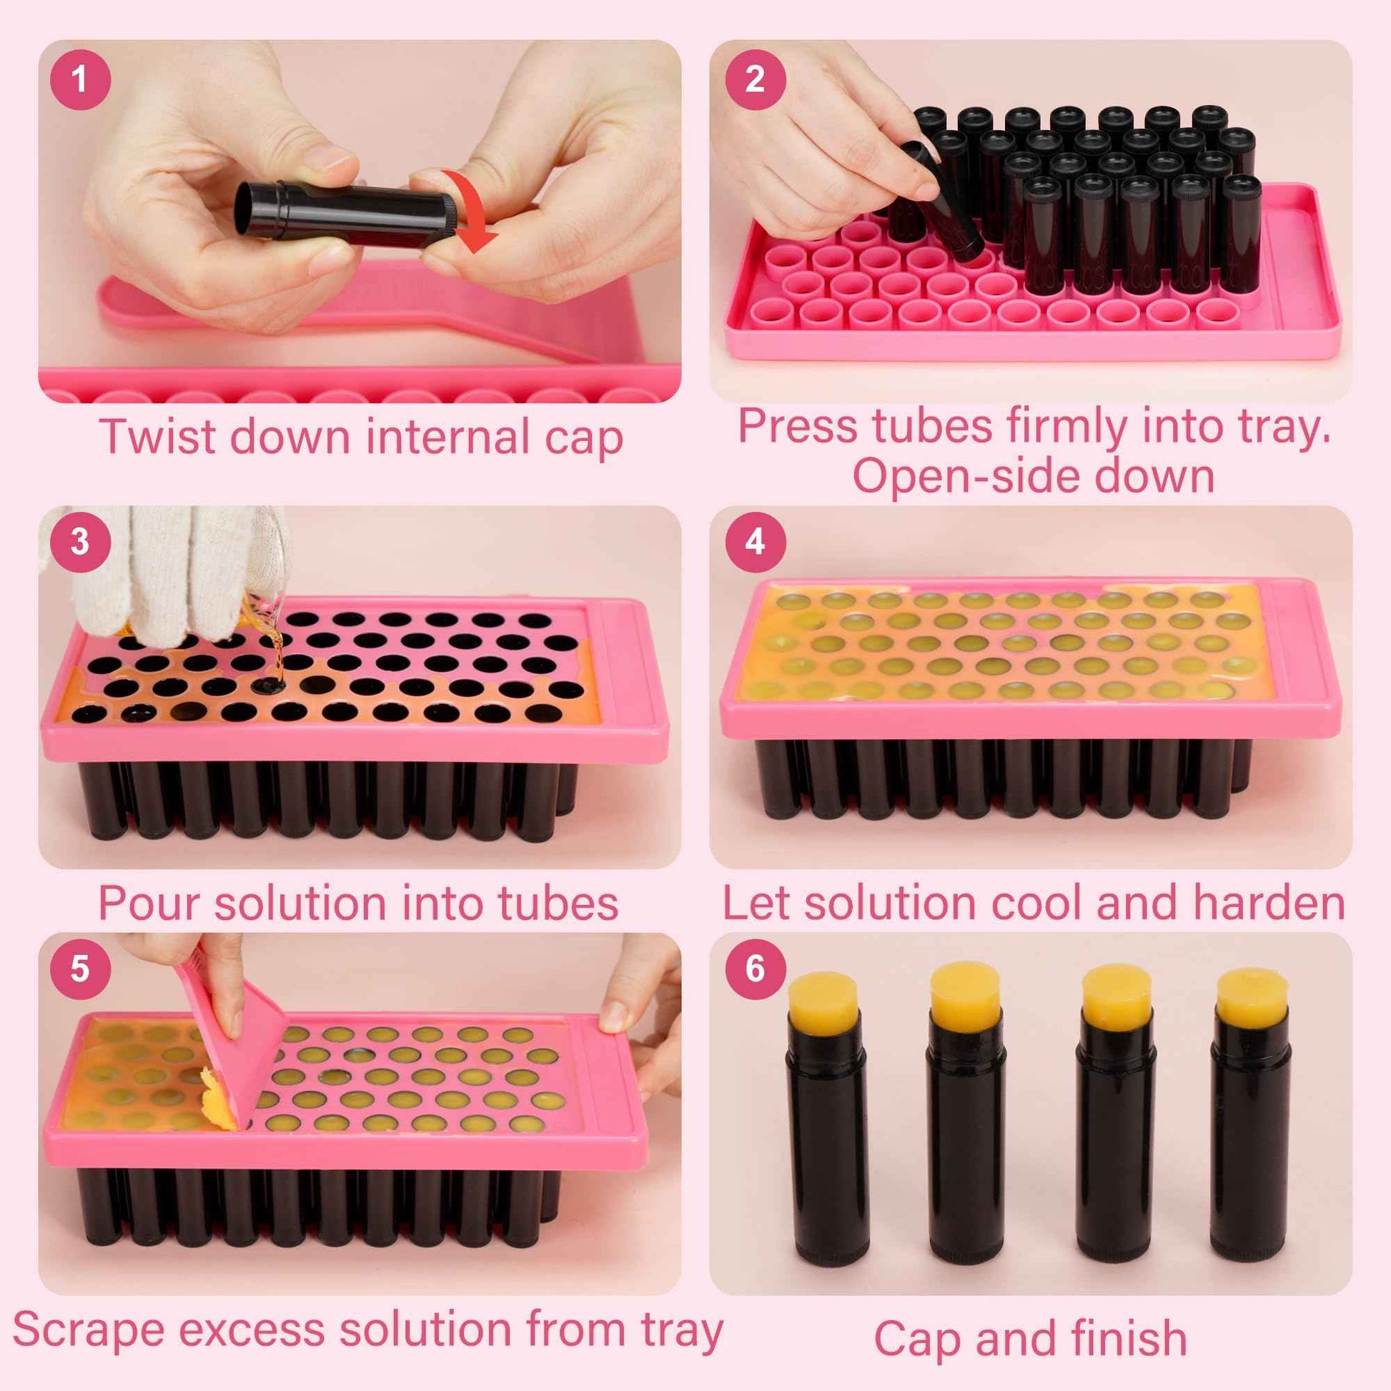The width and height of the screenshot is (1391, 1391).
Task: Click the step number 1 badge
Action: coord(80,79)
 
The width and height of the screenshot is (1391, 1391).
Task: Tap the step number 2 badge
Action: coord(755,79)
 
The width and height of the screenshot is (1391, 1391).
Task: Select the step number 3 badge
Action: coord(80,541)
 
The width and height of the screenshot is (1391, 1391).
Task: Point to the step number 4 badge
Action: coord(755,541)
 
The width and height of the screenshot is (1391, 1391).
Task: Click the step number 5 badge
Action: coord(80,969)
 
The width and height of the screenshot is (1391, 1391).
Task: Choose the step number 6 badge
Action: coord(755,969)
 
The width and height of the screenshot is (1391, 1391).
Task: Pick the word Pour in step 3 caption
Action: coord(148,904)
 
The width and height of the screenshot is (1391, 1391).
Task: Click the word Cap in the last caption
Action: coord(918,1339)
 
